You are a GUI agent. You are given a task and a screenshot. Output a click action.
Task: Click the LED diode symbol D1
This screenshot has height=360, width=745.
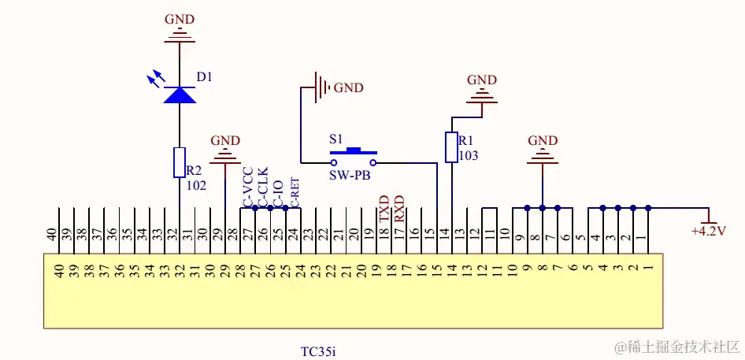(x=180, y=95)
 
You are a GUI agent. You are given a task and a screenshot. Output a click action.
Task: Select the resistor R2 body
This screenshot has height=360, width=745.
(x=180, y=162)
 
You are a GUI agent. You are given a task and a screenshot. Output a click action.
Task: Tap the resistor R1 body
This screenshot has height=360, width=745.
(x=451, y=147)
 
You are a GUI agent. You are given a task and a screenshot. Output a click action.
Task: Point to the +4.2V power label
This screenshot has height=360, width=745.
(x=708, y=232)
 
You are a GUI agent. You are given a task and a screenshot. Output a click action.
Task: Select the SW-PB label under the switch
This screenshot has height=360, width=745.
(x=350, y=175)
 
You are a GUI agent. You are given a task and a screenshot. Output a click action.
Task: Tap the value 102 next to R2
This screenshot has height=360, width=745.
(x=197, y=186)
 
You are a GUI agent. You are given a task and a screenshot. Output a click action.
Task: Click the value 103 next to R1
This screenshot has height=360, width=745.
(x=468, y=155)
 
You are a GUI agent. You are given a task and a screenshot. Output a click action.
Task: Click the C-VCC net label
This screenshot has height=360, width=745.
(x=248, y=187)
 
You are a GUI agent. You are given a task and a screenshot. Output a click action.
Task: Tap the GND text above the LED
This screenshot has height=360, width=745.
(x=179, y=19)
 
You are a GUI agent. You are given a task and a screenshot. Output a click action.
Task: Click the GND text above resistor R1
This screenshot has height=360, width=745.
(x=482, y=80)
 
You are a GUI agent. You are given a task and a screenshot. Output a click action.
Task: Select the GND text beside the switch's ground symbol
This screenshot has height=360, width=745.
(x=349, y=88)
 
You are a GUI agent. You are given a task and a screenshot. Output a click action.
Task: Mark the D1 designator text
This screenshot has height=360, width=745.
(x=205, y=77)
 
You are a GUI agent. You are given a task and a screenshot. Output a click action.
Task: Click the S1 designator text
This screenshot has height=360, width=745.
(x=336, y=137)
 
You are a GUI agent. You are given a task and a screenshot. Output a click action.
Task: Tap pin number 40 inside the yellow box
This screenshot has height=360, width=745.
(x=58, y=270)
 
